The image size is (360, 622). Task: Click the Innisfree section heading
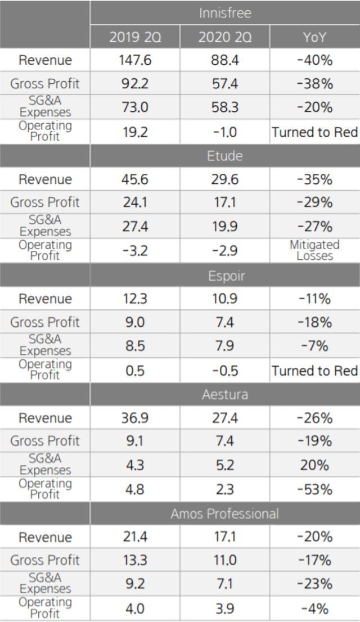224,13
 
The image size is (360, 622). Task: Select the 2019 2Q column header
135,37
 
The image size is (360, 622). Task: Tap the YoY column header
314,37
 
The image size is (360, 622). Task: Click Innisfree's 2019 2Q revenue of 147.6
135,60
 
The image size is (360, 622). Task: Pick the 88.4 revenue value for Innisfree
224,60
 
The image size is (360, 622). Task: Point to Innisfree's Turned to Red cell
314,132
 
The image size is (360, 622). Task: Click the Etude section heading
224,156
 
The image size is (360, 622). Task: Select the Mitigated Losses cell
314,250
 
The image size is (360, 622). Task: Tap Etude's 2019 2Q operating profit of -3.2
135,251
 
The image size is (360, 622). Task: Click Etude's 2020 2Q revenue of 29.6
224,179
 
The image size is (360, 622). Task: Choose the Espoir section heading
224,276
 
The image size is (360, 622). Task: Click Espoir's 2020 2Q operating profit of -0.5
224,371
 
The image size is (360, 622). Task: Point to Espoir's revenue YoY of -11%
314,299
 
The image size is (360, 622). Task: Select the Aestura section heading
224,395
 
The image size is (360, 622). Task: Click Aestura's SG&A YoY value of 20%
314,466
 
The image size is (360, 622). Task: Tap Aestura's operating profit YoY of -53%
314,489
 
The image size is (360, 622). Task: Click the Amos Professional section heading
224,513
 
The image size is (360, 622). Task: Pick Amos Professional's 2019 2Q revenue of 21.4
135,537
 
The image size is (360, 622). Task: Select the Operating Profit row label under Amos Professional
45,607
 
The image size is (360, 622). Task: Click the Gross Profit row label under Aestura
45,441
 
